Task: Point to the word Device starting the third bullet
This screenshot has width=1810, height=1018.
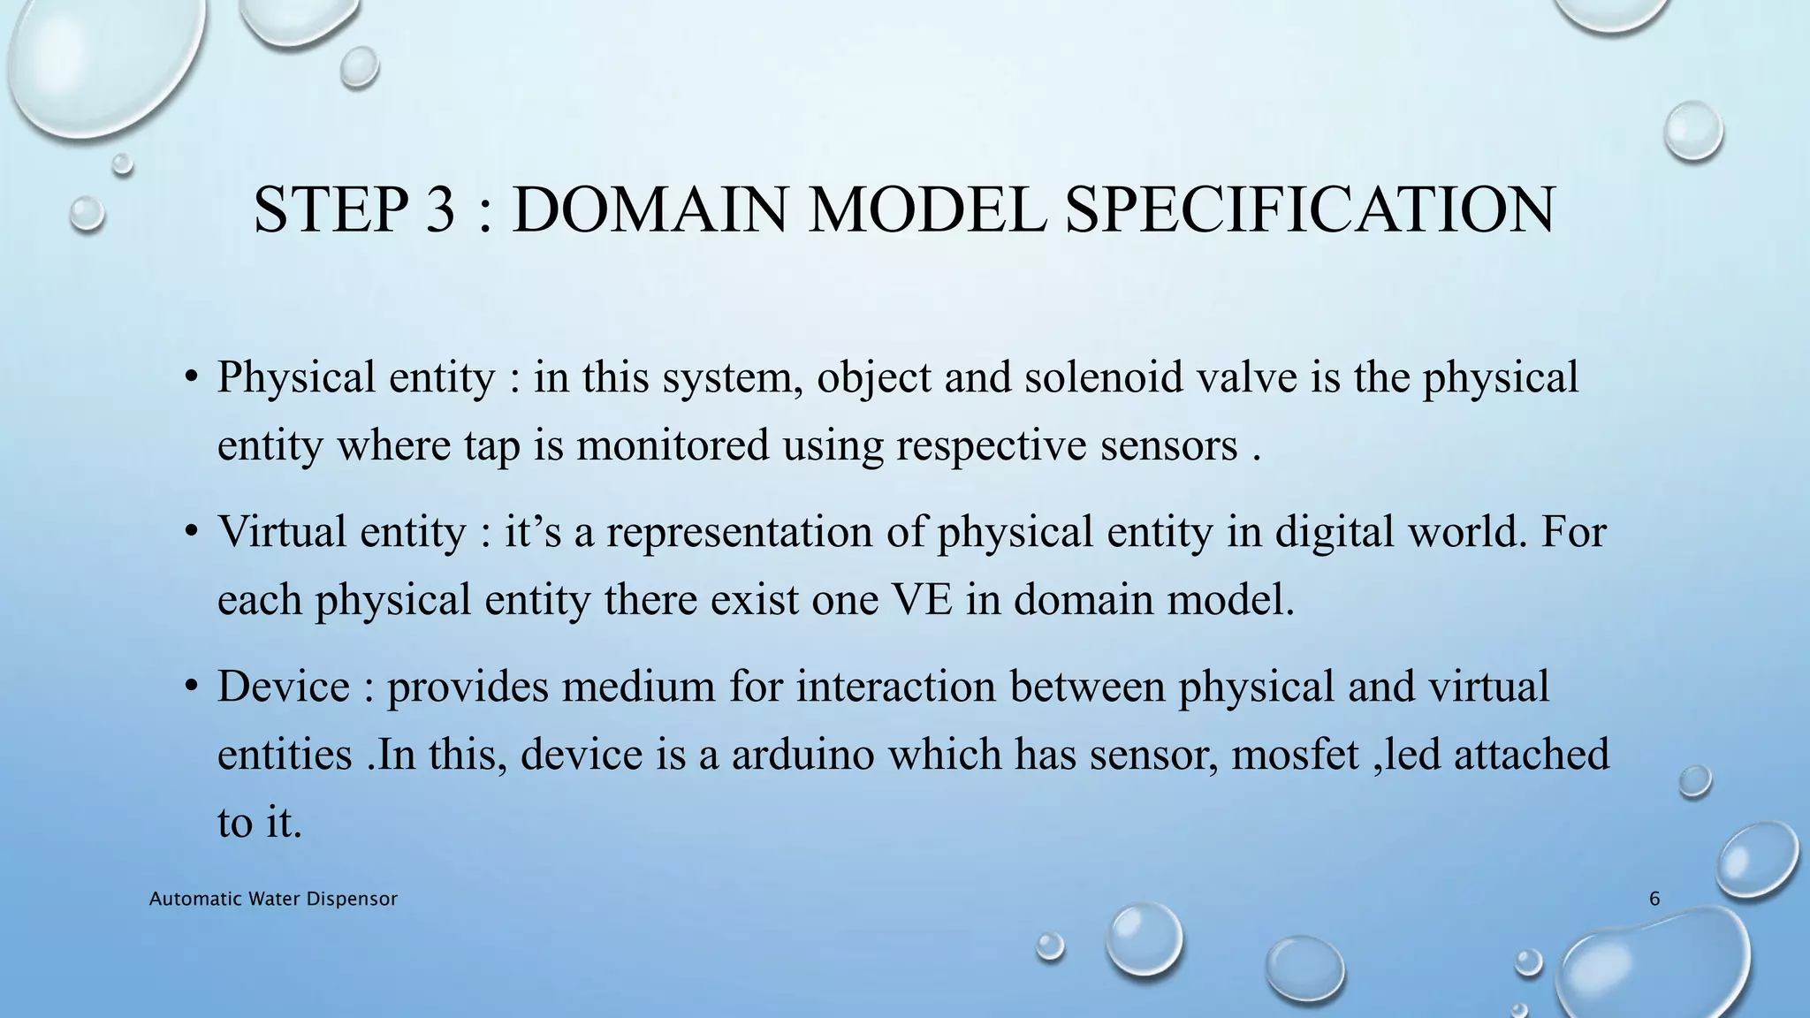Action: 284,687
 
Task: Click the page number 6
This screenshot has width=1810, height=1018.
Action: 1654,900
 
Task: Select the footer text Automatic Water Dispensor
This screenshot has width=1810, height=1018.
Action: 273,900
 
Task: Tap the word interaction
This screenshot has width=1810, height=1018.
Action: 896,687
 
